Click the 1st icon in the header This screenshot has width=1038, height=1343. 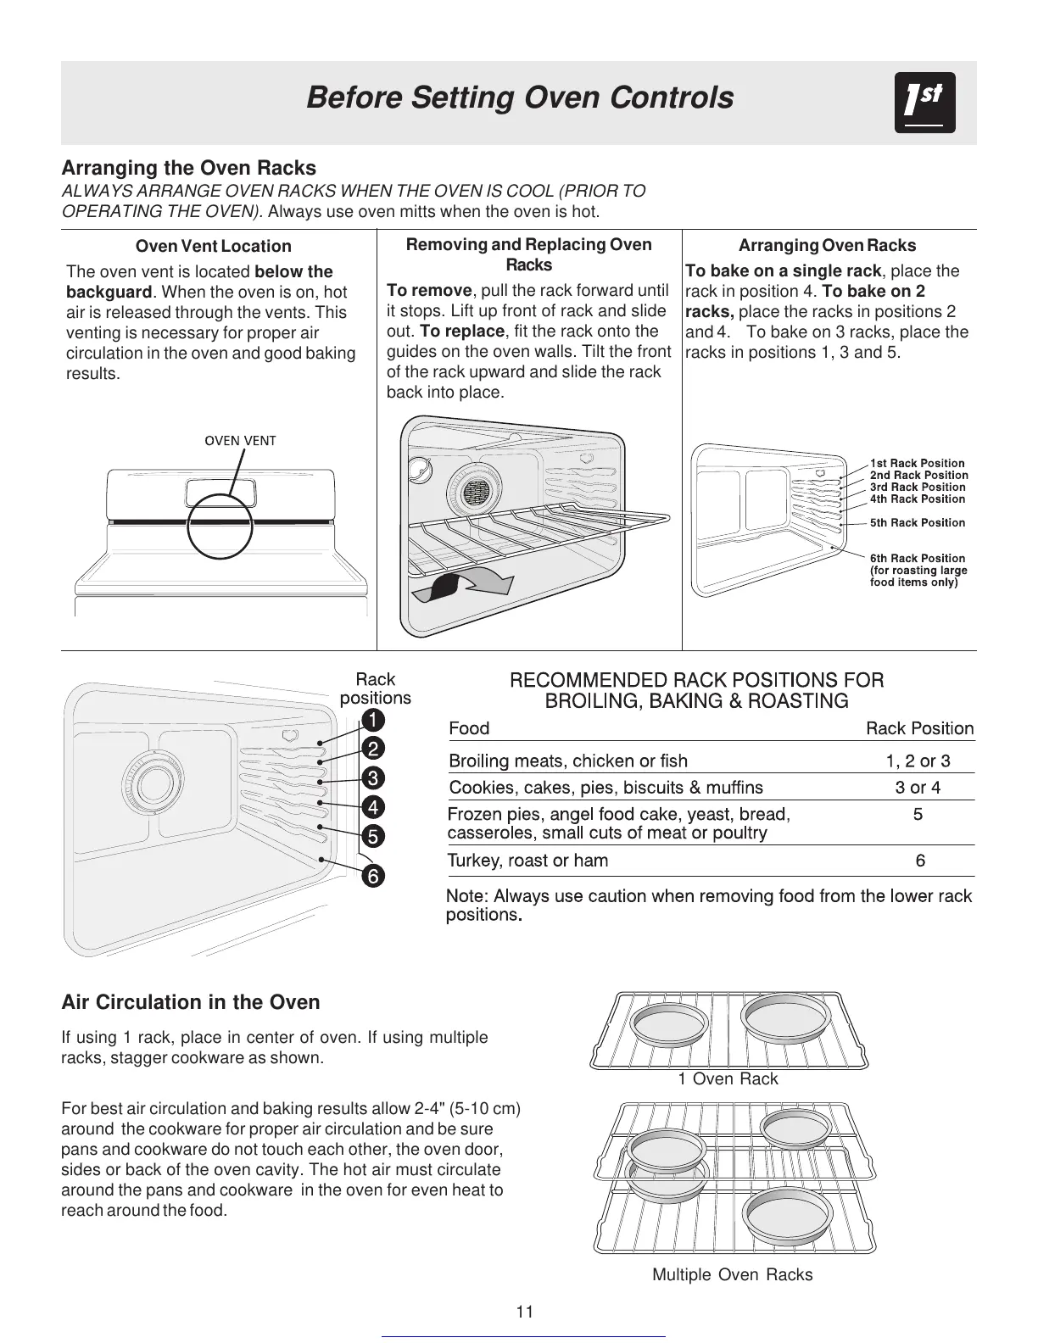click(x=924, y=103)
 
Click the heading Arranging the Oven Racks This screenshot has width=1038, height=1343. click(x=188, y=168)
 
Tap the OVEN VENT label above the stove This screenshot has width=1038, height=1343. click(x=241, y=440)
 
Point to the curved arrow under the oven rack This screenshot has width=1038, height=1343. click(x=463, y=585)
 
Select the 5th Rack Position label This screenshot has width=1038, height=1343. click(x=917, y=523)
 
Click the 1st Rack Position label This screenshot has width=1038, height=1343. click(x=917, y=463)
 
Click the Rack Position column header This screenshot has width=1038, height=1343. click(x=919, y=728)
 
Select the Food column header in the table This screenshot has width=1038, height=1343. click(x=469, y=728)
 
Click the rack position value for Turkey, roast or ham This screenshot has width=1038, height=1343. click(x=920, y=861)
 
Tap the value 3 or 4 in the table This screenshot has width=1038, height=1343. click(x=918, y=788)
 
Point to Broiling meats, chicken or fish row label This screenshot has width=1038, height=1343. click(x=568, y=761)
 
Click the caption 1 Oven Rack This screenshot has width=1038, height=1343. click(x=728, y=1079)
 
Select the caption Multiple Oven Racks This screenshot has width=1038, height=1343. click(x=732, y=1275)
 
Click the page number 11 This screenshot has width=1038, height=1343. click(x=525, y=1312)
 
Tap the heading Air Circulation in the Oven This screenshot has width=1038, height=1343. click(x=191, y=1003)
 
